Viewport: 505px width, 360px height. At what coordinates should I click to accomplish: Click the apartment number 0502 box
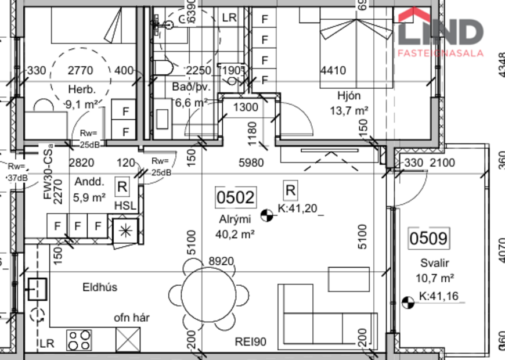tap(235, 197)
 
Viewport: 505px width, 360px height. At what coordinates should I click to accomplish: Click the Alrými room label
tap(235, 219)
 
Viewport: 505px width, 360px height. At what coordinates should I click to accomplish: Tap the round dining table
tap(209, 290)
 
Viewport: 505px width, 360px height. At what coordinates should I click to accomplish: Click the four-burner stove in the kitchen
tap(80, 339)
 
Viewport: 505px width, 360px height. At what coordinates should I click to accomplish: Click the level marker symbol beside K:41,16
tap(409, 302)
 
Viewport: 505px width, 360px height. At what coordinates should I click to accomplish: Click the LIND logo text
tap(441, 32)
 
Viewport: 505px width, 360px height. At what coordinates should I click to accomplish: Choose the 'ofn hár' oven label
tap(132, 318)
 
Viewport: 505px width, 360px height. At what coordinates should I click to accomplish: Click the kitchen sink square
tap(37, 287)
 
